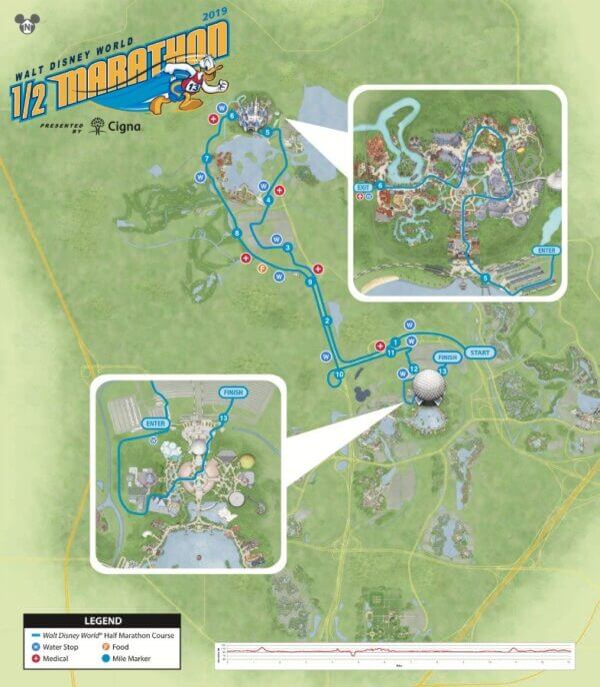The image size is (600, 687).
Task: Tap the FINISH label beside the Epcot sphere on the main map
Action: click(x=445, y=356)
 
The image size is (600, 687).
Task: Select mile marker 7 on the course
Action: click(x=206, y=159)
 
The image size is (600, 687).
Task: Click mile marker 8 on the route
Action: click(x=236, y=233)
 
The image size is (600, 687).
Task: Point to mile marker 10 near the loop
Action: click(x=340, y=373)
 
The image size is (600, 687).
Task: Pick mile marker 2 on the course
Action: click(x=326, y=320)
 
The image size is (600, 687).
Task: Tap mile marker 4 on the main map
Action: click(x=268, y=200)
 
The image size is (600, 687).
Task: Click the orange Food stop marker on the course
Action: click(x=262, y=269)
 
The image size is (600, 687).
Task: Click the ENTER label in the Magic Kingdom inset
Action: click(x=546, y=250)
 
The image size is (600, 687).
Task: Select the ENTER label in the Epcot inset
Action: click(x=153, y=423)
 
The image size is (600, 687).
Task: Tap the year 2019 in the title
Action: click(x=215, y=17)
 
